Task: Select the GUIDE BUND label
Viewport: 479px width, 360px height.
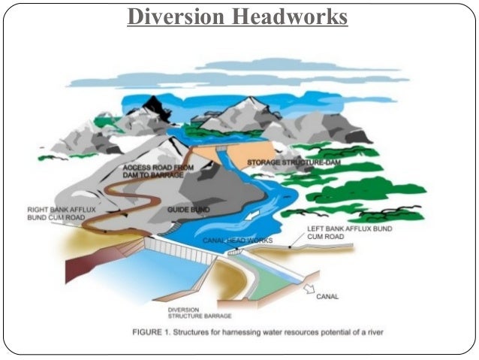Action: (x=189, y=210)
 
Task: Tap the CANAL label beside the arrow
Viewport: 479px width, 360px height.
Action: (x=327, y=297)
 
